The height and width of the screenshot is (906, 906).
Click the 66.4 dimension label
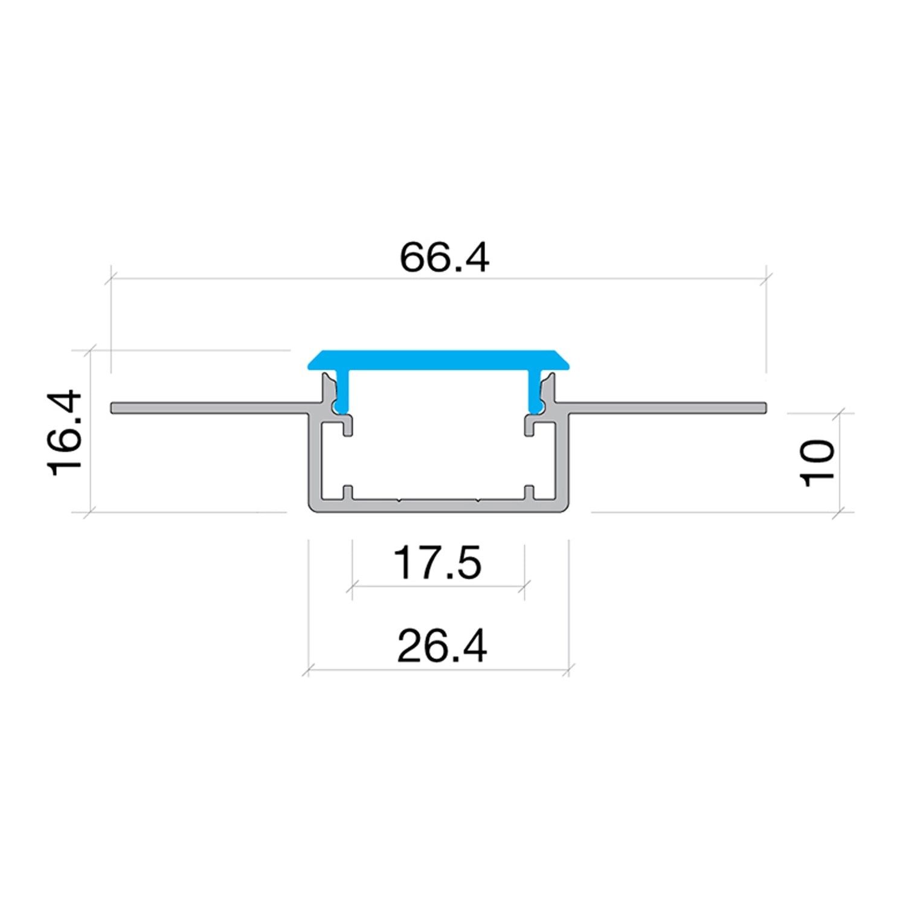point(444,257)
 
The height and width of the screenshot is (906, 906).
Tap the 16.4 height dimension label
point(65,433)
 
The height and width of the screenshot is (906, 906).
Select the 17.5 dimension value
point(437,563)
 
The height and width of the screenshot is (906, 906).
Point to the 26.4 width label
point(442,646)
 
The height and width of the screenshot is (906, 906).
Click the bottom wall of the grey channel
point(439,506)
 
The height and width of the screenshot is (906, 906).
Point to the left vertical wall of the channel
point(315,459)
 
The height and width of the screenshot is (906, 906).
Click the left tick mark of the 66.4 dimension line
point(111,279)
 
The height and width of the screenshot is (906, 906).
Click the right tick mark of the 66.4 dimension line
point(766,278)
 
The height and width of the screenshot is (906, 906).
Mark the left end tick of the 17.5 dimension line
point(352,586)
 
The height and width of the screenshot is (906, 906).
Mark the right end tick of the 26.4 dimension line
point(569,669)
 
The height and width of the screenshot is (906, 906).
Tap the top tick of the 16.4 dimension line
point(90,350)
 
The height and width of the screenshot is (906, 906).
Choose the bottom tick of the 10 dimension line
point(839,513)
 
